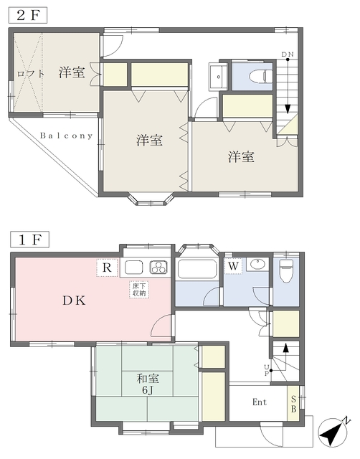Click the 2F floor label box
tap(28, 15)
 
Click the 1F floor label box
tap(29, 240)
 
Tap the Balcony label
tap(66, 136)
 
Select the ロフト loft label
tap(30, 73)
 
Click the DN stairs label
tap(288, 55)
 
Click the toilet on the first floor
tap(286, 271)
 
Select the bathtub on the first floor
tap(197, 268)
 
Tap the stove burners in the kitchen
tap(159, 268)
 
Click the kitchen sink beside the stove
tap(134, 268)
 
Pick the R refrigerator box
tap(107, 268)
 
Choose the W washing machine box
tap(233, 266)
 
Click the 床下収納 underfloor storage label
tap(139, 290)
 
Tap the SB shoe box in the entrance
tap(293, 404)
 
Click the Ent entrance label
tap(260, 402)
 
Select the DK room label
tap(75, 301)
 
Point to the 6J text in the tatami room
tap(148, 390)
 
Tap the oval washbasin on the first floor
tap(258, 264)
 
